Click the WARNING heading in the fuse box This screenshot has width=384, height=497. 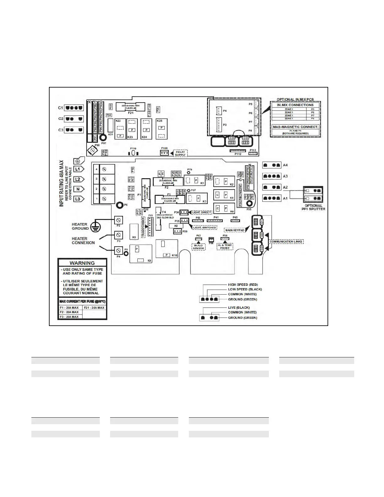tap(82, 263)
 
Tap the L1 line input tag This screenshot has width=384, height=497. tap(78, 169)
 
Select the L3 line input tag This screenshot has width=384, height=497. tap(78, 199)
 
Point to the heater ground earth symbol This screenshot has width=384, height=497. tap(94, 227)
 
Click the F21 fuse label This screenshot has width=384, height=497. tap(131, 112)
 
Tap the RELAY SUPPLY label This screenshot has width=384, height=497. tap(180, 153)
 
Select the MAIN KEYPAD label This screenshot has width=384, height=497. tap(235, 230)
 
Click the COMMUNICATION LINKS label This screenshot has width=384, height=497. tap(286, 242)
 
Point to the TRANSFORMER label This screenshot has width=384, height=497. tap(143, 227)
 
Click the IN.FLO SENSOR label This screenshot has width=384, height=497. tap(199, 247)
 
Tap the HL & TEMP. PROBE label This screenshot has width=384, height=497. tap(225, 247)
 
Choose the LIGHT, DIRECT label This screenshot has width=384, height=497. tap(201, 212)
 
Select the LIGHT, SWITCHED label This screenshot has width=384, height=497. tap(205, 227)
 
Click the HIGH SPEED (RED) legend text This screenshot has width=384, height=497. tap(243, 285)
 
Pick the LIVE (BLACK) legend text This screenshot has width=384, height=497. tap(239, 308)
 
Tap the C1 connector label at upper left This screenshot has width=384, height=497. tap(61, 108)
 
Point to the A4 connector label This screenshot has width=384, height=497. tap(285, 165)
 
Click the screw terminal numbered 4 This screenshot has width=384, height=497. tap(104, 169)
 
